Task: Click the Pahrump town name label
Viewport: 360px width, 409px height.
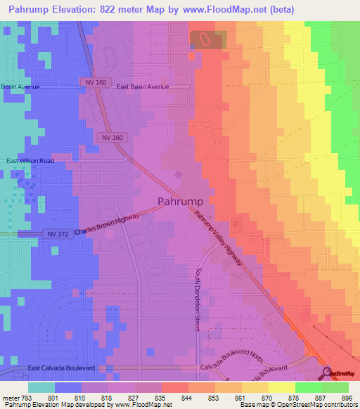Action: tap(181, 201)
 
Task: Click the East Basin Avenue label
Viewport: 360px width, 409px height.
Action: tap(143, 87)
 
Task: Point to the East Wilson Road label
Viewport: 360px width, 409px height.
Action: tap(30, 161)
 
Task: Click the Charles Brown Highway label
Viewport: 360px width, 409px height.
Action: tap(107, 226)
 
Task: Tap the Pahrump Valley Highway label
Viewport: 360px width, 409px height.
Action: tap(219, 238)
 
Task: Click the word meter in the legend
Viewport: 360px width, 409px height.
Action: tap(11, 397)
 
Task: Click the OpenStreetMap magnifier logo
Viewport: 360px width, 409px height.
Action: tap(327, 373)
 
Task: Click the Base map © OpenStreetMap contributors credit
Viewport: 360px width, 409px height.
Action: tap(297, 405)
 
